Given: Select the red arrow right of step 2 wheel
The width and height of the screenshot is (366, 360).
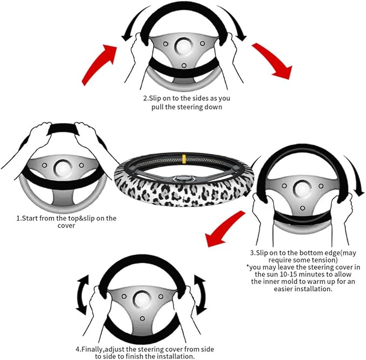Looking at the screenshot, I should coord(272,63).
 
